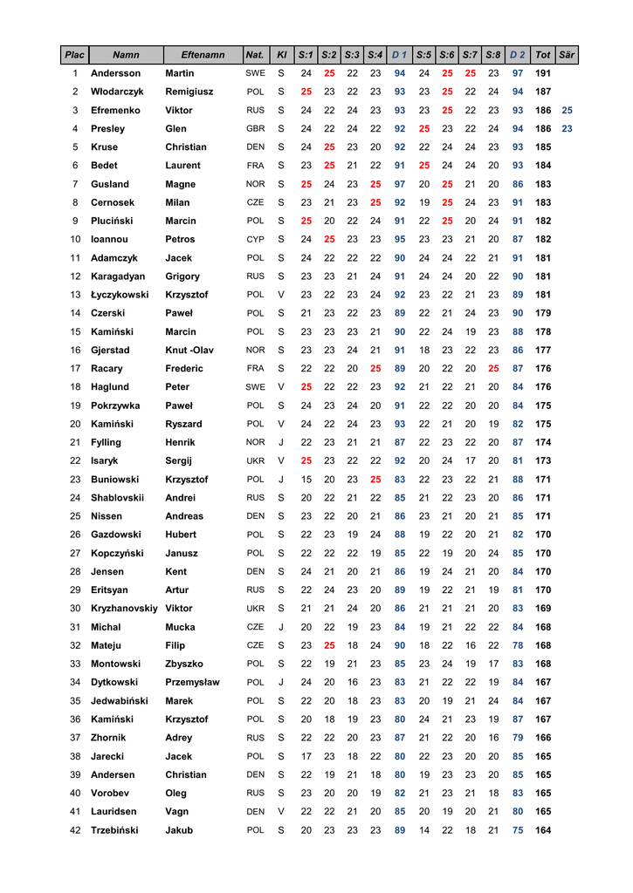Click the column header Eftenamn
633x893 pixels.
pos(203,55)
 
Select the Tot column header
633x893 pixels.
pos(542,55)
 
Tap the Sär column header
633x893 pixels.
pos(567,55)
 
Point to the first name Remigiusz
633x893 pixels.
pos(189,92)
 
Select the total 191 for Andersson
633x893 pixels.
pos(542,73)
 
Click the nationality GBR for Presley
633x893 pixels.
pos(255,129)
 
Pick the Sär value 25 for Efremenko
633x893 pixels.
pos(567,111)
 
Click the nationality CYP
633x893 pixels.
pos(255,239)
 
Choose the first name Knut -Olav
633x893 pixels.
pos(189,350)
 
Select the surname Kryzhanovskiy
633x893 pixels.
pos(124,608)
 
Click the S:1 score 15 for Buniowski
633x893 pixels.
pos(306,479)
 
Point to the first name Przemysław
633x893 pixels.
pos(192,682)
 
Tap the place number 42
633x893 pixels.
pos(75,830)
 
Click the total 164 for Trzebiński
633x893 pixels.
pos(542,830)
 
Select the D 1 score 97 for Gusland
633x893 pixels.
pos(400,184)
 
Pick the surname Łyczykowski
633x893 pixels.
pos(120,295)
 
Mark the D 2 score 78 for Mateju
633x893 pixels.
pos(518,645)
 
